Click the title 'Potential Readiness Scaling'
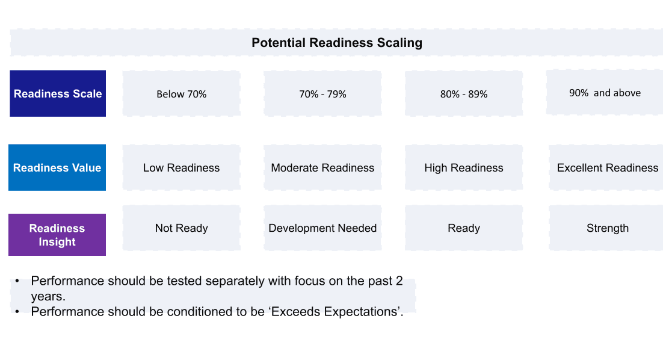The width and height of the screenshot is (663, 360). pos(336,43)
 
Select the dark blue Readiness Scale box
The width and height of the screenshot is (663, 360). pos(58,93)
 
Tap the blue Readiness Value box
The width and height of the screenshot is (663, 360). pos(57,167)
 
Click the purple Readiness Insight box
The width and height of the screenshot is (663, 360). pos(57,235)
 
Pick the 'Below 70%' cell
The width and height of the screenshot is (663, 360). pos(182,93)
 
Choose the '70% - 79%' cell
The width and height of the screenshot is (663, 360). pos(322,93)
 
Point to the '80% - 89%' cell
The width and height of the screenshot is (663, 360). pos(464,93)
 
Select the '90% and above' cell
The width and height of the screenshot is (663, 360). pos(605,92)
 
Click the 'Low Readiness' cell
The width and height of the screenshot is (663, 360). pos(182,167)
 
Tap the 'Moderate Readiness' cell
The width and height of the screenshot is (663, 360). pos(322,167)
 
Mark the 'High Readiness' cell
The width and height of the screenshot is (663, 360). pos(464,167)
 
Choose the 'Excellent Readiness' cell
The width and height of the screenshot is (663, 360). pos(606,167)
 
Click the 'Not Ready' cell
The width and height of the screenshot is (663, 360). pos(182,228)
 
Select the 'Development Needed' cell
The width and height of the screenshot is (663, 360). pos(322,228)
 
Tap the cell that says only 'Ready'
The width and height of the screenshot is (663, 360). pos(464,228)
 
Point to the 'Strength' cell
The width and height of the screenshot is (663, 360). pos(606,228)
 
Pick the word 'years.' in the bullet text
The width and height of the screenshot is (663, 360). pos(48,296)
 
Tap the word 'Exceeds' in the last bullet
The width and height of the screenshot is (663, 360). pos(295,312)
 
